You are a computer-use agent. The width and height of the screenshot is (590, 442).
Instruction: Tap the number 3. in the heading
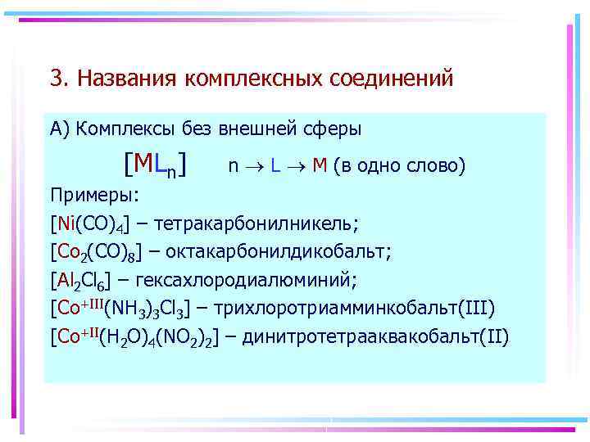pyautogui.click(x=58, y=78)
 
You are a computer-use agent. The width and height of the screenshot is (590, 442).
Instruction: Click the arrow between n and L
pyautogui.click(x=252, y=166)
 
